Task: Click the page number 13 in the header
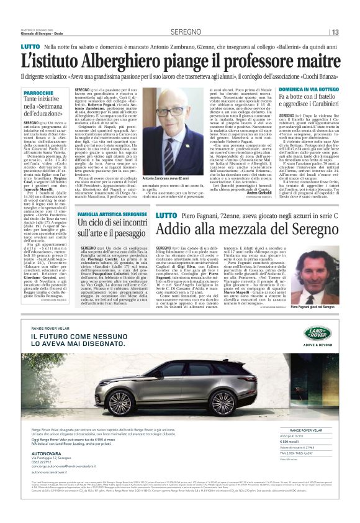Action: (335, 32)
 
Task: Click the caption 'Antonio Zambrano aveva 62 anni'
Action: (171, 179)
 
